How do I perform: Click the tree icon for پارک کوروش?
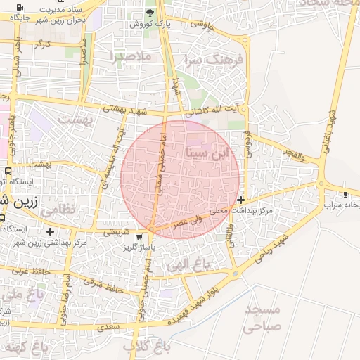click(149, 13)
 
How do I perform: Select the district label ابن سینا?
click(207, 152)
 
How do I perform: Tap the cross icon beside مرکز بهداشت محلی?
click(242, 200)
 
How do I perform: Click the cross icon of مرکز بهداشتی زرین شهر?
click(49, 231)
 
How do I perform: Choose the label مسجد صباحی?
click(261, 318)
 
